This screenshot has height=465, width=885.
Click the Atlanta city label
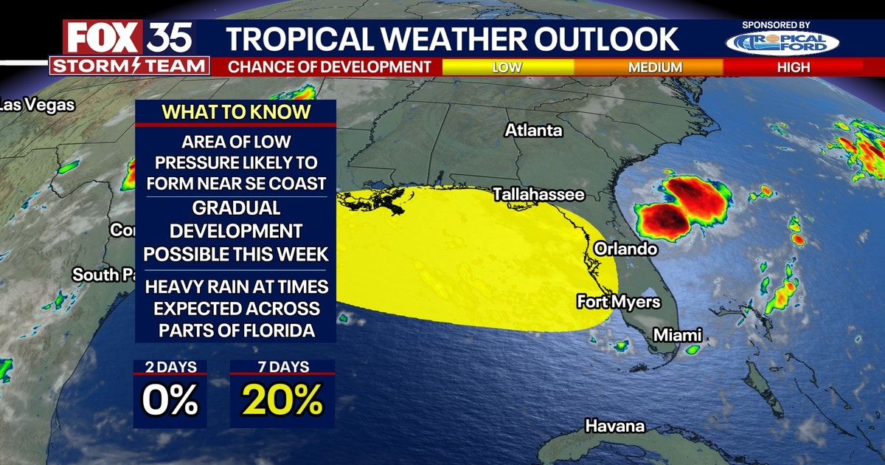[x=533, y=131]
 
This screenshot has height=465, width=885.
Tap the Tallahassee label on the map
[x=538, y=195]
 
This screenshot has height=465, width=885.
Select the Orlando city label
[x=625, y=249]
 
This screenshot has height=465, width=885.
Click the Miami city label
[x=677, y=335]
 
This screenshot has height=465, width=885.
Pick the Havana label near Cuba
[x=614, y=426]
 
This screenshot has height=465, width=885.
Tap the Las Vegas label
[x=37, y=105]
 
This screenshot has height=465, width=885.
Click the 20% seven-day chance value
[x=282, y=401]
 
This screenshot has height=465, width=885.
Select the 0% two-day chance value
[x=170, y=401]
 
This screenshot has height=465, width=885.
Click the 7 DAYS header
[x=282, y=367]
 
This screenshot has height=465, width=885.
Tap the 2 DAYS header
[x=170, y=367]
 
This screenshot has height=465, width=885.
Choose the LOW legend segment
[x=507, y=67]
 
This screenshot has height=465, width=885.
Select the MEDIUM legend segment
[x=655, y=67]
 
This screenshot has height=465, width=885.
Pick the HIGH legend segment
[x=793, y=67]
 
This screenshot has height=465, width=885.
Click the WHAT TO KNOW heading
[x=236, y=112]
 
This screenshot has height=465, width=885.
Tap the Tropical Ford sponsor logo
[x=782, y=43]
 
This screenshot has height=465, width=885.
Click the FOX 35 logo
[x=129, y=37]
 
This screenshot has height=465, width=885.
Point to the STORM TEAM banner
[x=129, y=66]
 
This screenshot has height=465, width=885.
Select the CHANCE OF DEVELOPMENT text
[x=330, y=67]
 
